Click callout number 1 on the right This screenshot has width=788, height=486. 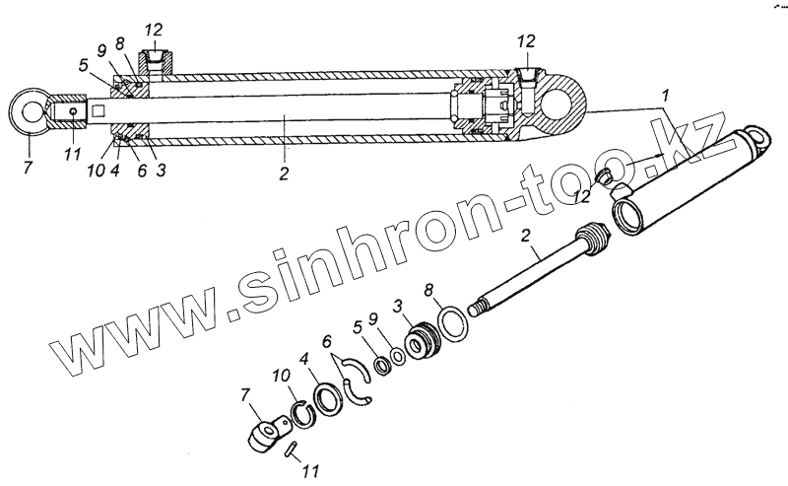[x=668, y=97]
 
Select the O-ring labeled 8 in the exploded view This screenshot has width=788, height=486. [x=454, y=322]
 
